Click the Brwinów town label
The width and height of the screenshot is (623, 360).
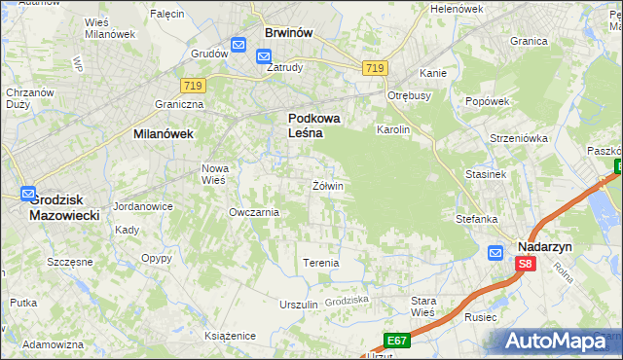[288, 32]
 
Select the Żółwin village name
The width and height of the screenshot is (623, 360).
[328, 185]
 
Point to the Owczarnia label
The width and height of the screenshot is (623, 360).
[253, 212]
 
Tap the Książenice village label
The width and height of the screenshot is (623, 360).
[230, 336]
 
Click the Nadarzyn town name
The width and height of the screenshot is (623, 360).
[544, 247]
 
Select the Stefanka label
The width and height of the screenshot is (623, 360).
[477, 220]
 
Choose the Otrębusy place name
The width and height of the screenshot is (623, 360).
[409, 96]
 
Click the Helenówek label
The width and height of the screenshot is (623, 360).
[457, 9]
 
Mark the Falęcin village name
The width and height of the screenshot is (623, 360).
[167, 14]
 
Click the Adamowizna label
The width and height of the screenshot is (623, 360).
[53, 345]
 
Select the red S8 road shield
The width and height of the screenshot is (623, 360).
[526, 264]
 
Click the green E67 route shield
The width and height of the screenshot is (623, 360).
[395, 340]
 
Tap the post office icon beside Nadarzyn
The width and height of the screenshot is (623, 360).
[495, 254]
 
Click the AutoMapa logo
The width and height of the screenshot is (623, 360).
[556, 342]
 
